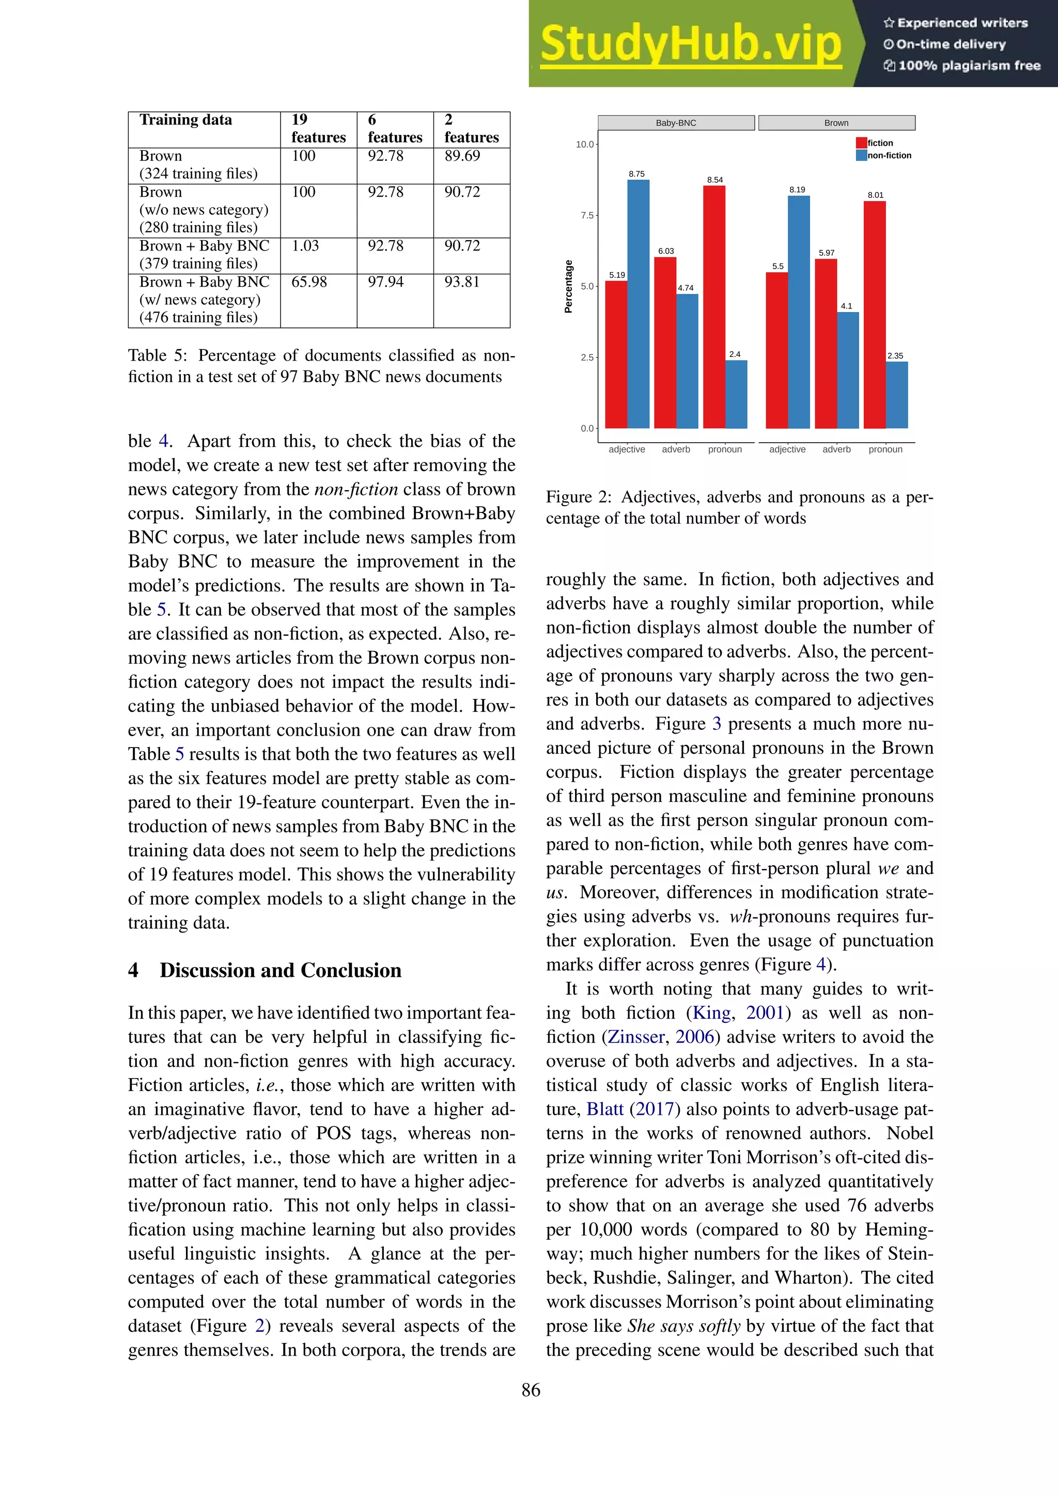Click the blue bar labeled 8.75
[638, 304]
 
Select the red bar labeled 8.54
[714, 307]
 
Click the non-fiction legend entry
[889, 155]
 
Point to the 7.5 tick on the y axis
[587, 215]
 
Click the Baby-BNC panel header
[676, 123]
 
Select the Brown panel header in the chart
[836, 123]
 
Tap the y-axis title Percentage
[568, 287]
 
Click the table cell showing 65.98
[309, 282]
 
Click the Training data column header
[185, 120]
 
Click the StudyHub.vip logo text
[691, 44]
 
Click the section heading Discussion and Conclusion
[280, 970]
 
